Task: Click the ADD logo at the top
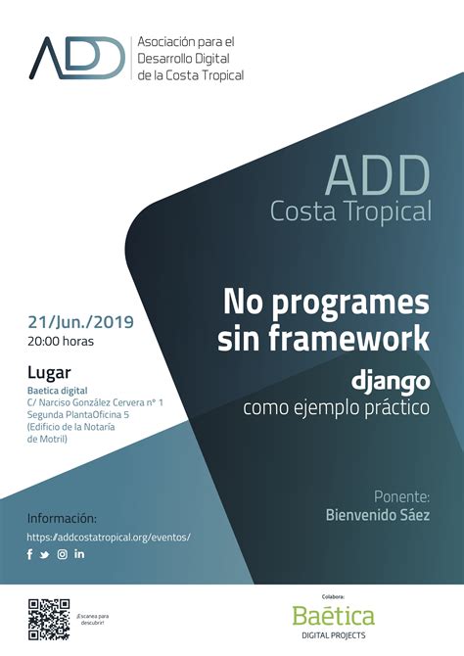pyautogui.click(x=78, y=58)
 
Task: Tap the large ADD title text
pyautogui.click(x=377, y=176)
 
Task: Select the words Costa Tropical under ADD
pyautogui.click(x=350, y=211)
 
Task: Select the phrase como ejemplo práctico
pyautogui.click(x=336, y=406)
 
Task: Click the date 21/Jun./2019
pyautogui.click(x=80, y=321)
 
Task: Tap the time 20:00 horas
pyautogui.click(x=61, y=342)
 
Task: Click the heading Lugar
pyautogui.click(x=49, y=373)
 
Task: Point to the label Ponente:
pyautogui.click(x=401, y=495)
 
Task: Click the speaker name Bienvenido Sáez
pyautogui.click(x=378, y=515)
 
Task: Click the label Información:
pyautogui.click(x=62, y=518)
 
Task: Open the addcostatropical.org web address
pyautogui.click(x=108, y=537)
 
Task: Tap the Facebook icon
pyautogui.click(x=30, y=555)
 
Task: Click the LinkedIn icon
pyautogui.click(x=79, y=555)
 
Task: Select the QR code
pyautogui.click(x=48, y=618)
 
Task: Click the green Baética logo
pyautogui.click(x=333, y=616)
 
